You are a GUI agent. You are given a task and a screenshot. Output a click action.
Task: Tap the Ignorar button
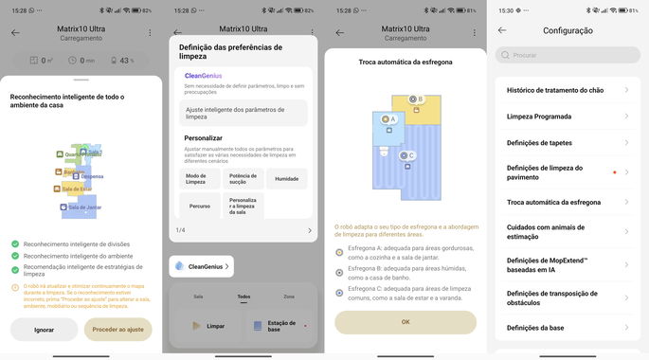click(44, 330)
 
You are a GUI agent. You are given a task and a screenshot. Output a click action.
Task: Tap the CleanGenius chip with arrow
click(202, 267)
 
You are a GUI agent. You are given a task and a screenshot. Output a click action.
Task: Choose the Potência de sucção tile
click(243, 178)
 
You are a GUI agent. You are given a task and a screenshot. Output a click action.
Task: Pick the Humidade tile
click(286, 178)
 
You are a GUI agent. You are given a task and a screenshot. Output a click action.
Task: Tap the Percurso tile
click(198, 205)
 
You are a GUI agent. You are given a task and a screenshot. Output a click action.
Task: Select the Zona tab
click(288, 297)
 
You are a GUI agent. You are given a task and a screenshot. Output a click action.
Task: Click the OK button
click(406, 322)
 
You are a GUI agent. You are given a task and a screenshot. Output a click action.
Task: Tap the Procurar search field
click(567, 56)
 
